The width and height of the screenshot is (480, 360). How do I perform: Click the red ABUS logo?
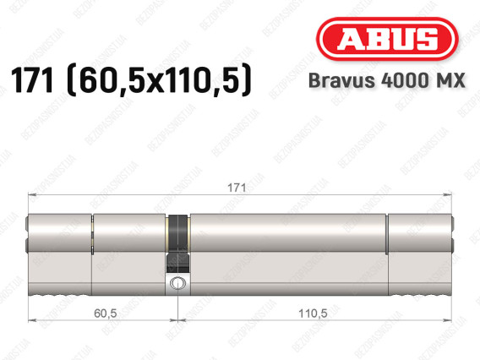coord(387,39)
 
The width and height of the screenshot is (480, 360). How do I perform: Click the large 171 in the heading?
coord(32,80)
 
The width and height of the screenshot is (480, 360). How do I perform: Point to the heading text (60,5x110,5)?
coord(159,81)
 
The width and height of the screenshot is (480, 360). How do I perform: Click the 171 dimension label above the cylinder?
coord(237,188)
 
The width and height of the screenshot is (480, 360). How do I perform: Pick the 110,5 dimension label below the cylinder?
coord(313,314)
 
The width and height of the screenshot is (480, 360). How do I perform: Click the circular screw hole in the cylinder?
coord(177,282)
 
